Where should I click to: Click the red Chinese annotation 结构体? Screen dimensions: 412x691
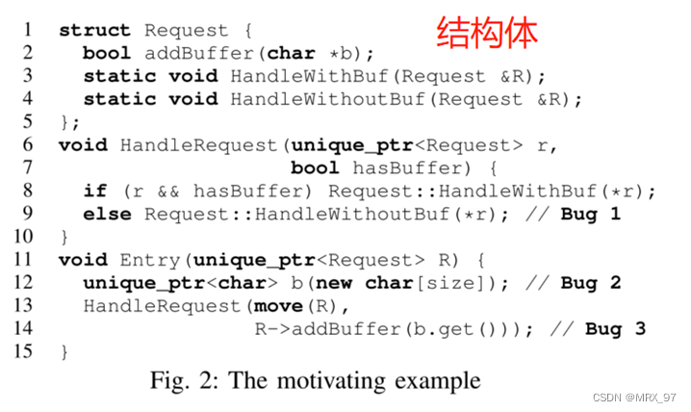(486, 31)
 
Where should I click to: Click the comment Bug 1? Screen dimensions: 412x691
(590, 214)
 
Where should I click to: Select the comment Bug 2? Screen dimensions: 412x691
(590, 283)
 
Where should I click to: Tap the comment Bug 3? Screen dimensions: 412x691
(615, 329)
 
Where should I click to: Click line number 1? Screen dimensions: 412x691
(28, 30)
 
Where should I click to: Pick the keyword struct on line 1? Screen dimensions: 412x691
(95, 30)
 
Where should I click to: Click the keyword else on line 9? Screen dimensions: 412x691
(107, 214)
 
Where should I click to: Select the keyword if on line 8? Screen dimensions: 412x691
(95, 191)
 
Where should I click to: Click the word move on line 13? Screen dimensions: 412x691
(277, 306)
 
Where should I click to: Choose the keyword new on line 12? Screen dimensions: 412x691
(333, 283)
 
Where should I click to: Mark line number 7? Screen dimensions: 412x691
(28, 167)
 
